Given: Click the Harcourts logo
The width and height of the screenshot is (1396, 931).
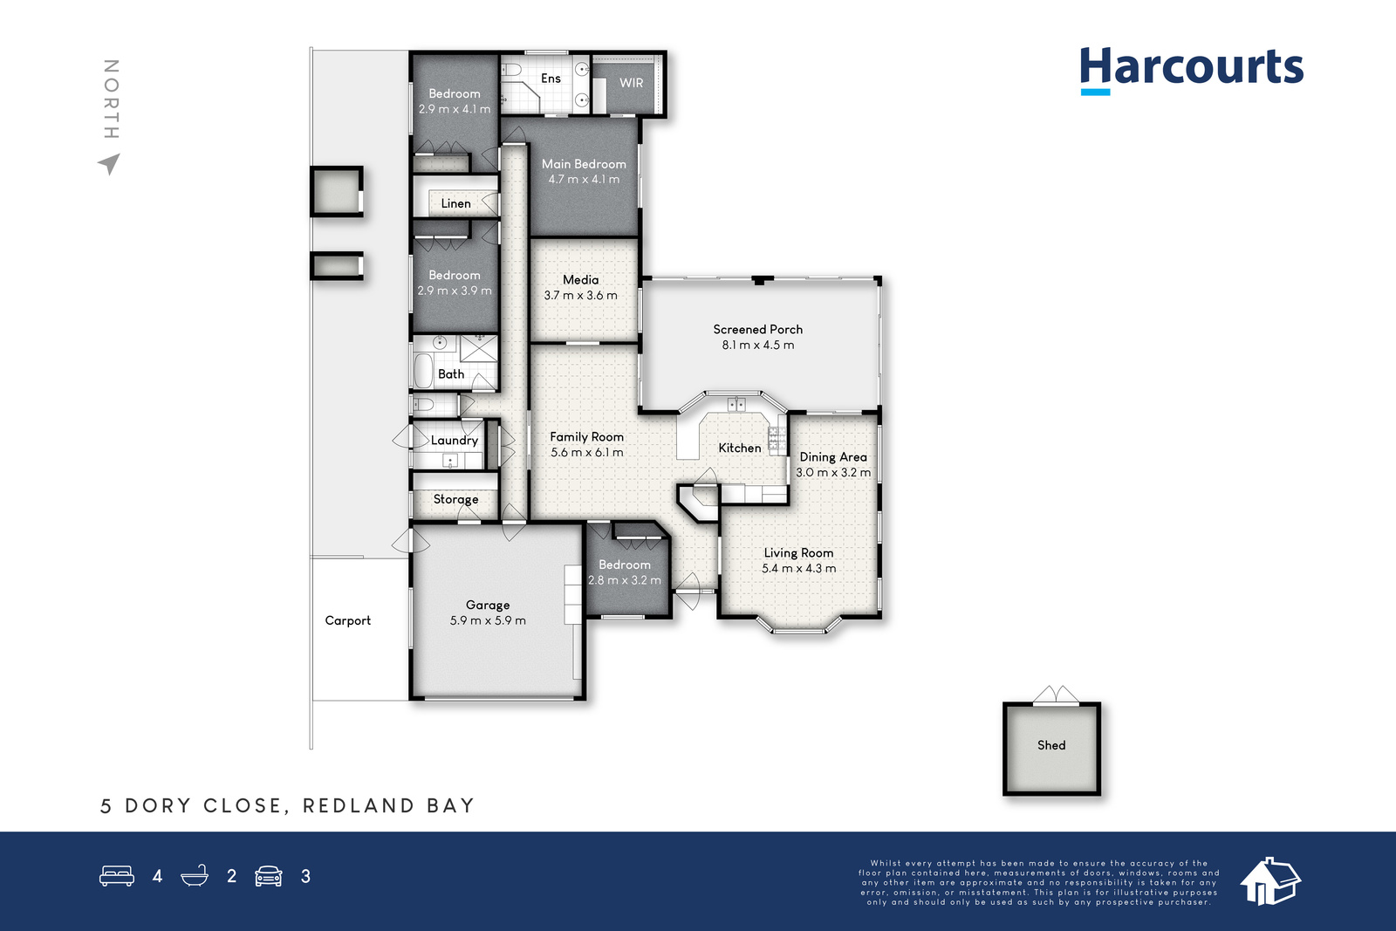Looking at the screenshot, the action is coord(1192,71).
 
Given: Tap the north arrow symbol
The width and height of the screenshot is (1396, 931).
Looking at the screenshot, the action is coord(110,164).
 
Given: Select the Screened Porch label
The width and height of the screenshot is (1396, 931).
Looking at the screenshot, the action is coord(758,330).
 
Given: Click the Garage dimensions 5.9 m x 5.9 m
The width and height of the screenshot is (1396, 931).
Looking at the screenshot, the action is coord(488,620).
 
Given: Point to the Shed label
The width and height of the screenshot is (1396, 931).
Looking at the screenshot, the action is coord(1051,745).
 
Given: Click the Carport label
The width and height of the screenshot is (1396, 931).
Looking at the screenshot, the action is coord(348,620).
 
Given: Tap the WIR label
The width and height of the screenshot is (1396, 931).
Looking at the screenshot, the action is coord(632,83).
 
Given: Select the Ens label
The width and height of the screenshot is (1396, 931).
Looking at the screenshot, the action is coord(551,79).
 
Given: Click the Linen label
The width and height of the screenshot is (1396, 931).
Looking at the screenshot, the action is coord(455,204).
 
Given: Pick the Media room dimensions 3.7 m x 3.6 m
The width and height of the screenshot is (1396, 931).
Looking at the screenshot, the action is coord(581,296).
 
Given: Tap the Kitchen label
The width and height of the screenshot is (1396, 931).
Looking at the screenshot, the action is coord(740,448).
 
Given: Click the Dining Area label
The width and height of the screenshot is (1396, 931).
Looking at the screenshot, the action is coord(833,457).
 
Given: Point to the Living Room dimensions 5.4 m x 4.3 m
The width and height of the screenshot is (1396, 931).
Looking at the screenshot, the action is coord(799,568).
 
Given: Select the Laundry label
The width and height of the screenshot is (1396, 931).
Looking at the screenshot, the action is coord(455,441).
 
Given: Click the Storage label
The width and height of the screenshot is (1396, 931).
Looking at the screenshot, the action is coord(455,500).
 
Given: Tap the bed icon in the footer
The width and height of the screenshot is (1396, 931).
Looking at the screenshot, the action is coord(117,875).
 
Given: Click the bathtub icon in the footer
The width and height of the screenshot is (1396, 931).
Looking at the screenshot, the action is coord(195,875).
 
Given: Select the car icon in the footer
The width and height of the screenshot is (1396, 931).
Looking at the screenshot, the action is coord(269,876).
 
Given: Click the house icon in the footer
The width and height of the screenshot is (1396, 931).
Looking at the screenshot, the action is coord(1270,881).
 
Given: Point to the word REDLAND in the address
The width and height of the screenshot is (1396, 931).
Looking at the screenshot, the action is coord(359,805).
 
